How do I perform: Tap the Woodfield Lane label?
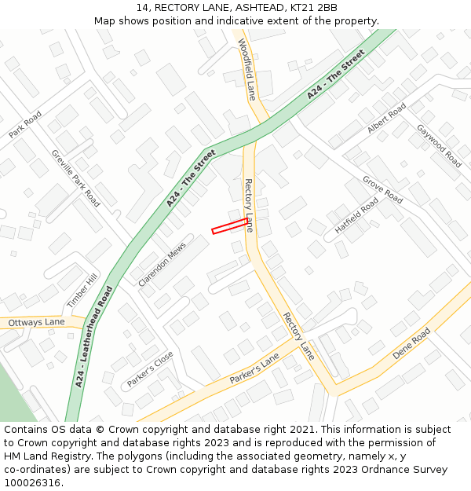(246, 69)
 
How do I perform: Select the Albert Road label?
(387, 118)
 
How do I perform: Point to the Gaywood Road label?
(439, 145)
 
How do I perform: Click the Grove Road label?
(382, 189)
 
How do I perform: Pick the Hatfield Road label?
(357, 215)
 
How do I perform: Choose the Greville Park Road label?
(75, 178)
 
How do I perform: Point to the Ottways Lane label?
(36, 322)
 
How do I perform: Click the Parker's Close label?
(150, 369)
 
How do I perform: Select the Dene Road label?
(411, 344)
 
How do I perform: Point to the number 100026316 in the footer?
(31, 482)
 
